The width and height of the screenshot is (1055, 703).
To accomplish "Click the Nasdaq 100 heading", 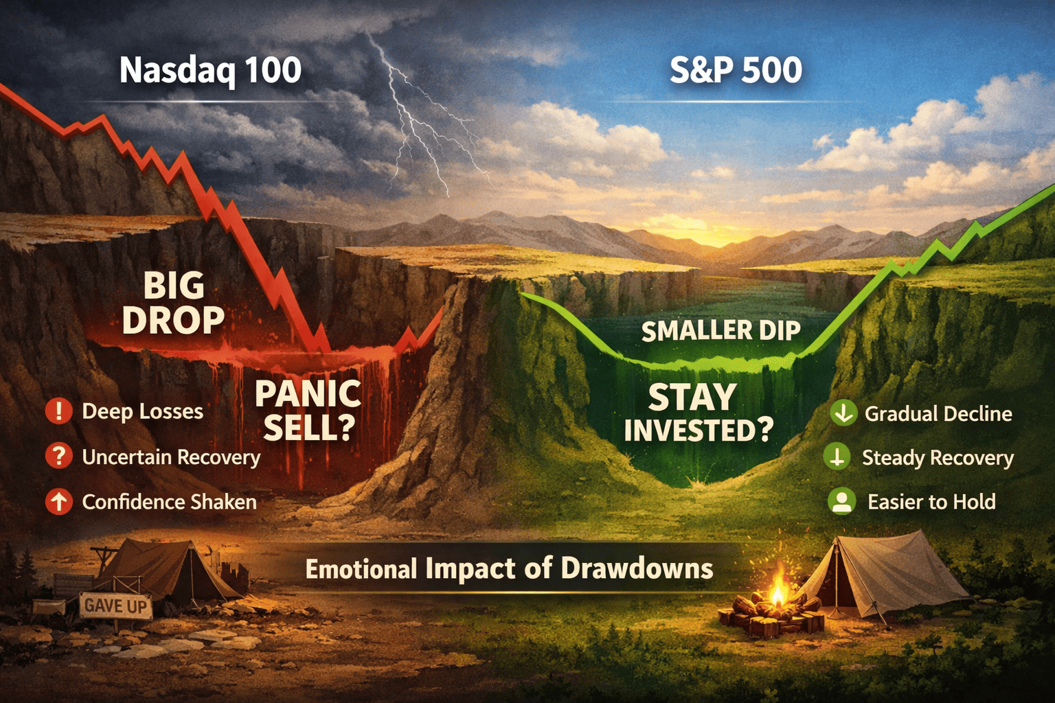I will tap(210, 71).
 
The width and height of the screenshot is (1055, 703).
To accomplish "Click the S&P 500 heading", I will tap(735, 71).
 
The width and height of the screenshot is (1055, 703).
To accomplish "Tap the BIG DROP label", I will tap(173, 303).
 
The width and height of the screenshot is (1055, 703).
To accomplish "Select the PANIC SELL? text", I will tap(308, 411).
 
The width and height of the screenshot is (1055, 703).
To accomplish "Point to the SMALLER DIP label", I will tap(721, 331).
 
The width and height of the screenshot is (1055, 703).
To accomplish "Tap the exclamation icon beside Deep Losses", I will tap(59, 411).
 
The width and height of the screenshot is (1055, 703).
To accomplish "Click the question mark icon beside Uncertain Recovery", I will tap(59, 457).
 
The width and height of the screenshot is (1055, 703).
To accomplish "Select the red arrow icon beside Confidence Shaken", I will tap(59, 502).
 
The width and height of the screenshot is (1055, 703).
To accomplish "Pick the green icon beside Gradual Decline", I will tap(843, 413).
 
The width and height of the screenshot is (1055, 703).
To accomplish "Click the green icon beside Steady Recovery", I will tap(837, 457).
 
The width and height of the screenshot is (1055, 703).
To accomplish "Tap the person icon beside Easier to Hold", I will tap(842, 501).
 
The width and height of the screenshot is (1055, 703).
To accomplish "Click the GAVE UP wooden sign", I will tap(115, 606).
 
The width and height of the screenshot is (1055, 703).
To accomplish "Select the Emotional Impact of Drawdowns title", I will tap(509, 569).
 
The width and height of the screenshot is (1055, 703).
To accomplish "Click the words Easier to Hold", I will tap(931, 502).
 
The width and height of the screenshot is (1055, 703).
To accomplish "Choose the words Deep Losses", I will tap(142, 411).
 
